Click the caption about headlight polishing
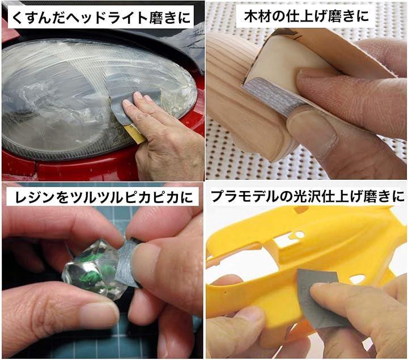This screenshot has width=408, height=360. coord(101,17)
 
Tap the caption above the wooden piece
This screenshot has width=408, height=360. coord(306,16)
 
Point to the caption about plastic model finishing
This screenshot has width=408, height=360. coord(308,196)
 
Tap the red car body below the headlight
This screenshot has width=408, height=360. coord(78,167)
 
